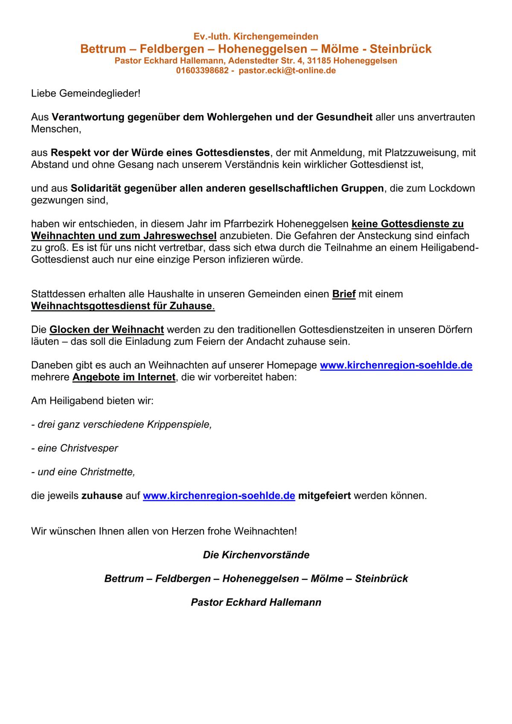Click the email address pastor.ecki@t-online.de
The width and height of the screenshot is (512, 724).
(287, 71)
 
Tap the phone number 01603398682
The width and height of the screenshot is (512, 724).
(202, 71)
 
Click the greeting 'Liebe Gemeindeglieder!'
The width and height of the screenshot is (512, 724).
(86, 93)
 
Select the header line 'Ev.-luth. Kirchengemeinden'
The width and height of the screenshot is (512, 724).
(256, 37)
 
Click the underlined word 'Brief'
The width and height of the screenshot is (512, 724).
(344, 294)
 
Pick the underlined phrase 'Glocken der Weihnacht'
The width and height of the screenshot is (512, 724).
(107, 330)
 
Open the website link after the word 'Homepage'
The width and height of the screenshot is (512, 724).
(396, 365)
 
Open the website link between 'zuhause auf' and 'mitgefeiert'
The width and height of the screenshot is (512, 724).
(219, 496)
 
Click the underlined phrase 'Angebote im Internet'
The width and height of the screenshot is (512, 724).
(124, 377)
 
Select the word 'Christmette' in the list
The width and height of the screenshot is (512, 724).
(107, 472)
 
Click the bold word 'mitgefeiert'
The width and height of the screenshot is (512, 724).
(324, 496)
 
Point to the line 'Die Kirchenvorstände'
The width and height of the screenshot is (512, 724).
(256, 555)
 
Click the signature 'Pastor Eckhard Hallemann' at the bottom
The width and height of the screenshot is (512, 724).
(256, 602)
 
